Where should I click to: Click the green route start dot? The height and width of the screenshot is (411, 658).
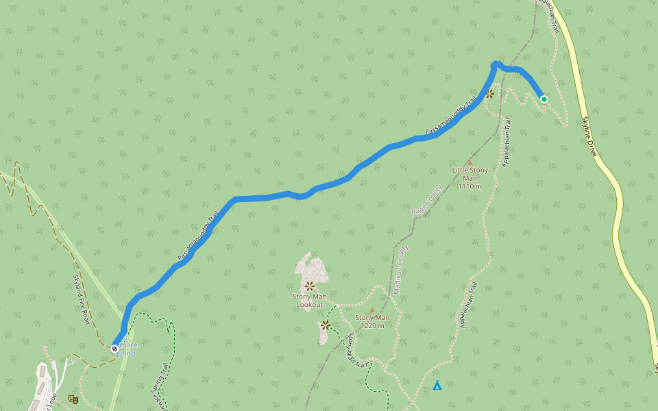tap(544, 99)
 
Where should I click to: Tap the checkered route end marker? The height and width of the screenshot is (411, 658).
tap(114, 349)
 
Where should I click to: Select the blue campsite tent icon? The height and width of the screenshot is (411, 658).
tap(437, 386)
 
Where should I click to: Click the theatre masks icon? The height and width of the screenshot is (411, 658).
tap(73, 399)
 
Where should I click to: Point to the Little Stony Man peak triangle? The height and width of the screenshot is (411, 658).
tap(470, 162)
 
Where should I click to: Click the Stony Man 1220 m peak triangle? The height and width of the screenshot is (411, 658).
tap(372, 310)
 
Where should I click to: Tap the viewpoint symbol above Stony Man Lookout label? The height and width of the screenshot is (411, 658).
tap(310, 285)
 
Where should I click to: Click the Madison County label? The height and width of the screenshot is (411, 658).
tap(400, 269)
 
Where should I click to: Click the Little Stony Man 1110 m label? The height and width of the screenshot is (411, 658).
tap(470, 177)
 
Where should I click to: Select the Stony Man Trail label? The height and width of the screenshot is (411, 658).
tap(356, 349)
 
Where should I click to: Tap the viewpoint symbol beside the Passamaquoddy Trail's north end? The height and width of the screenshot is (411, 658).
tap(490, 94)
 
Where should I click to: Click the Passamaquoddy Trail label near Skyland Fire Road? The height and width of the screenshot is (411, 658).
tap(194, 234)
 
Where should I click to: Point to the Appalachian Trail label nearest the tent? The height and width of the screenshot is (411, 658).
tap(469, 304)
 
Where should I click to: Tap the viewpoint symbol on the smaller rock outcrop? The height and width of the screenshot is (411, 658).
tap(326, 325)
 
